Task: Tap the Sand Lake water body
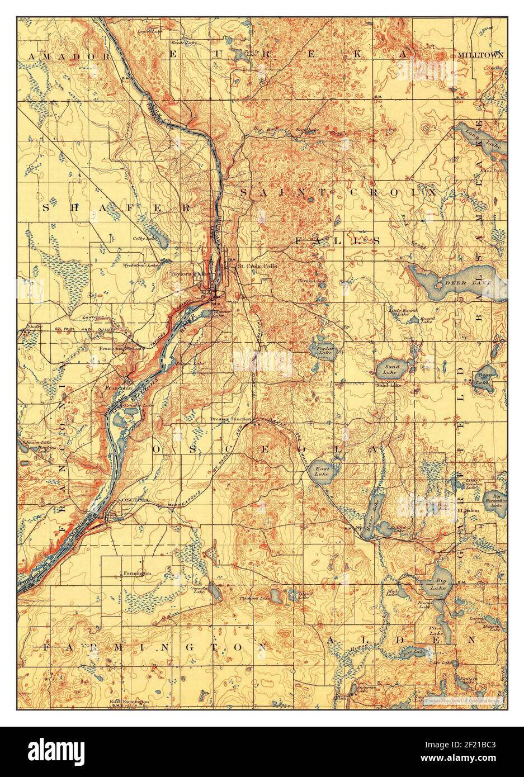click(x=387, y=367)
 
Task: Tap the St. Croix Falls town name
click(x=257, y=266)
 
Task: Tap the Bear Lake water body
click(x=481, y=378)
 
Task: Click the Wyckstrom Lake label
click(x=140, y=266)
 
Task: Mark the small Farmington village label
click(x=135, y=574)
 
